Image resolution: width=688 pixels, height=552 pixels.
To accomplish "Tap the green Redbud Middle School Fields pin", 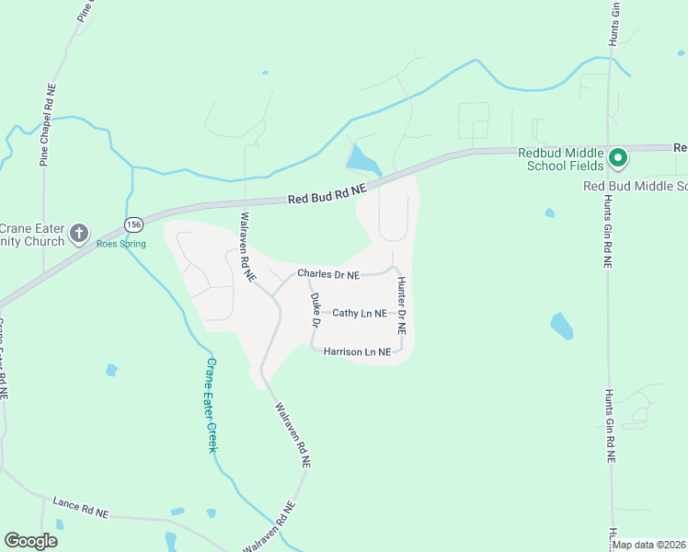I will click(x=619, y=158).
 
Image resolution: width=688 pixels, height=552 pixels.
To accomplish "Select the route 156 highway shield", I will click(x=134, y=225).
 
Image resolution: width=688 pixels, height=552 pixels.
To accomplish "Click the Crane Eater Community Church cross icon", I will click(x=80, y=234).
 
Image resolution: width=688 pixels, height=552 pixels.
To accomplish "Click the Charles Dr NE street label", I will click(x=327, y=274).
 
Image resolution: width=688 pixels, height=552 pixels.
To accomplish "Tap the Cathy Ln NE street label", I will click(x=360, y=314).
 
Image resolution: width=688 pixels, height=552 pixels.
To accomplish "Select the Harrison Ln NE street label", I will click(x=357, y=351).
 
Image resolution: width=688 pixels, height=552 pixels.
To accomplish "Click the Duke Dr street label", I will click(x=315, y=311).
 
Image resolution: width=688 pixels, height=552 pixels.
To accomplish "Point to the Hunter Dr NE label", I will click(x=401, y=307).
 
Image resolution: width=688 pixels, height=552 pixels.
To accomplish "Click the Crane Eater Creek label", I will click(x=211, y=405).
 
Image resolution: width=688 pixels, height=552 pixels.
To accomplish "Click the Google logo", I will click(x=31, y=541).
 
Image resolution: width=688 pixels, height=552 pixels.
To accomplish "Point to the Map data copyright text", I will click(x=649, y=545).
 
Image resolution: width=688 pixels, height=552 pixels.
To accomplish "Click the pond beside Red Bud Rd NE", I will click(x=363, y=161).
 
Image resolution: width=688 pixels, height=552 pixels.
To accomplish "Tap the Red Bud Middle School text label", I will click(x=636, y=186).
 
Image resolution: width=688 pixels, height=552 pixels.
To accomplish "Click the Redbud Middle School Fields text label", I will click(x=561, y=158).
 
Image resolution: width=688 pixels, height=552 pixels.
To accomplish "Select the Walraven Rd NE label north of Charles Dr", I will click(x=247, y=247).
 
